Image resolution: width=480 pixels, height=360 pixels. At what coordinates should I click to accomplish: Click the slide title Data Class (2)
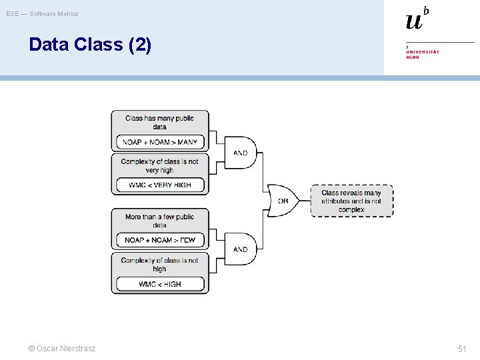pyautogui.click(x=90, y=45)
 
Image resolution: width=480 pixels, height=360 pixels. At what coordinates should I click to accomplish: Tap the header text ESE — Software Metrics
pyautogui.click(x=42, y=13)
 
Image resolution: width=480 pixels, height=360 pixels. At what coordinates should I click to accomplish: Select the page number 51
pyautogui.click(x=462, y=349)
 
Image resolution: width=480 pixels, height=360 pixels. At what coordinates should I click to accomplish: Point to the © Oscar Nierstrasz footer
pyautogui.click(x=61, y=349)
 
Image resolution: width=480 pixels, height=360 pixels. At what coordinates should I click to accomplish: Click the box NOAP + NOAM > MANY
pyautogui.click(x=160, y=142)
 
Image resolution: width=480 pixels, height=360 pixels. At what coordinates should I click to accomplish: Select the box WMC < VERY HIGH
pyautogui.click(x=160, y=185)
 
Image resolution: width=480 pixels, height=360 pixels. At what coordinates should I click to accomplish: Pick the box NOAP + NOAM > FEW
pyautogui.click(x=160, y=240)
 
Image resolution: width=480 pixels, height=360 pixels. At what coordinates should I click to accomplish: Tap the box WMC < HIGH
pyautogui.click(x=160, y=284)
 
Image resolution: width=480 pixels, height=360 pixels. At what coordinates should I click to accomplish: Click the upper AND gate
pyautogui.click(x=239, y=153)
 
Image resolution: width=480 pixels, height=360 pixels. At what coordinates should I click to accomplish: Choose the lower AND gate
pyautogui.click(x=239, y=249)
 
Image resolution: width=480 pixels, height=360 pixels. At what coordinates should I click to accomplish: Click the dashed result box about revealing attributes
pyautogui.click(x=351, y=201)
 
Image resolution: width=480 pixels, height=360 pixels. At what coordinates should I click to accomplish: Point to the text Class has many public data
pyautogui.click(x=160, y=122)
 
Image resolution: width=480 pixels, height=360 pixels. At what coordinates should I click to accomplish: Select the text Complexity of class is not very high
pyautogui.click(x=160, y=165)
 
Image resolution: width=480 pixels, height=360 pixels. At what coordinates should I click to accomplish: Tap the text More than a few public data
pyautogui.click(x=160, y=221)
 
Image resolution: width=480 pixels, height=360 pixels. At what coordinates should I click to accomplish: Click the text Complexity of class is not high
pyautogui.click(x=160, y=264)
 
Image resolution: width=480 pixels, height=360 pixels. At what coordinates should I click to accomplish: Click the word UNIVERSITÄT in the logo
pyautogui.click(x=422, y=51)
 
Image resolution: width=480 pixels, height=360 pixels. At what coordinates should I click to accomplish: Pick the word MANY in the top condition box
pyautogui.click(x=187, y=142)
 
